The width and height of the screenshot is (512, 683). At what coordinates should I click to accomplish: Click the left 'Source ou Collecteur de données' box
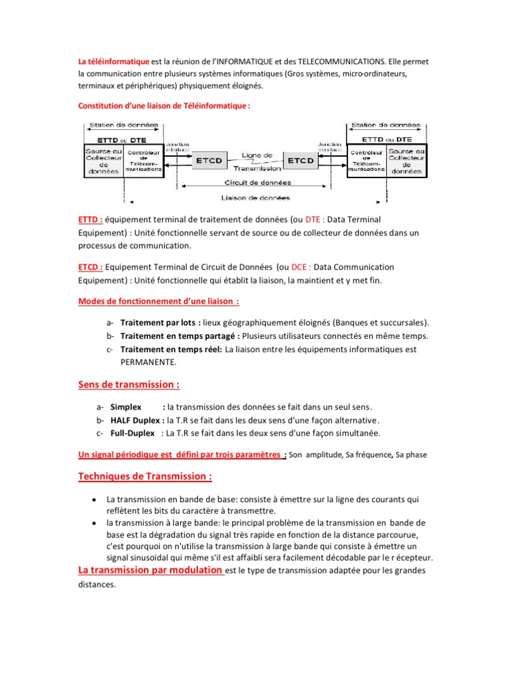[103, 161]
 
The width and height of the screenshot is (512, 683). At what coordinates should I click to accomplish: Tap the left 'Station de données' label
[123, 125]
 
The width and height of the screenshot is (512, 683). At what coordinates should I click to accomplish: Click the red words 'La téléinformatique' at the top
[114, 61]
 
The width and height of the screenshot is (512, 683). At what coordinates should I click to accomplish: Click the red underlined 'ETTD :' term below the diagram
[91, 219]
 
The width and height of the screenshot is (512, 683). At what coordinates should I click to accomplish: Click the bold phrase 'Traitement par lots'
[155, 322]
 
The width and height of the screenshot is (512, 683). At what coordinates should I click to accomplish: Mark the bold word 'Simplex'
[126, 407]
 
